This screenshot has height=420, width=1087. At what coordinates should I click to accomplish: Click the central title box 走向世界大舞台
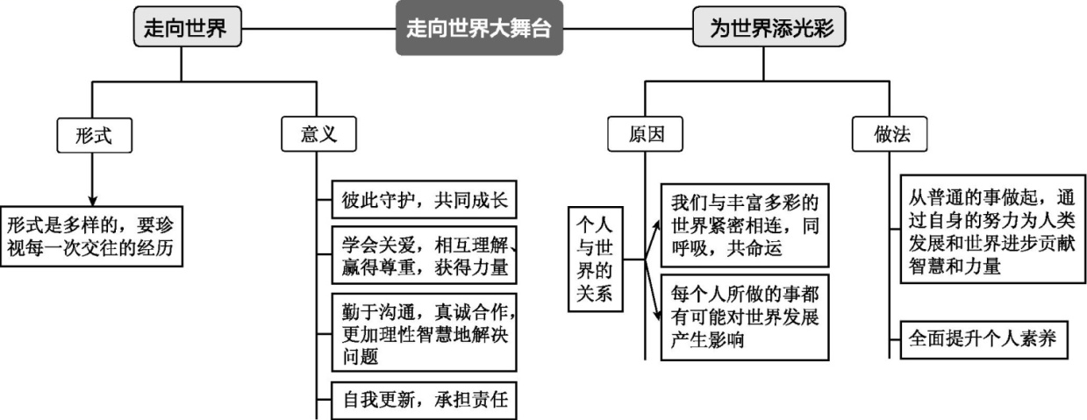point(479,28)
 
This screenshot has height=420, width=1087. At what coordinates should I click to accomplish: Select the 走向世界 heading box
point(181,28)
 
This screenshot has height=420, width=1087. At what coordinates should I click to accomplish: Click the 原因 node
point(646,134)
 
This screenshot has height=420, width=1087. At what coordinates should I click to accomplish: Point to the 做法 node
point(890,134)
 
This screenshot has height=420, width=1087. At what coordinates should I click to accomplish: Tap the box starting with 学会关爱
point(425,254)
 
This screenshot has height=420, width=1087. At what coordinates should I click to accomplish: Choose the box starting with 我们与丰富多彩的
point(744,223)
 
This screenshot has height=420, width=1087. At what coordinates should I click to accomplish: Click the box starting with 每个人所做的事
point(744,317)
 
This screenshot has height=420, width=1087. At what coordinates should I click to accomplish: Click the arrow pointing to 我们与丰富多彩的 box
point(654,227)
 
